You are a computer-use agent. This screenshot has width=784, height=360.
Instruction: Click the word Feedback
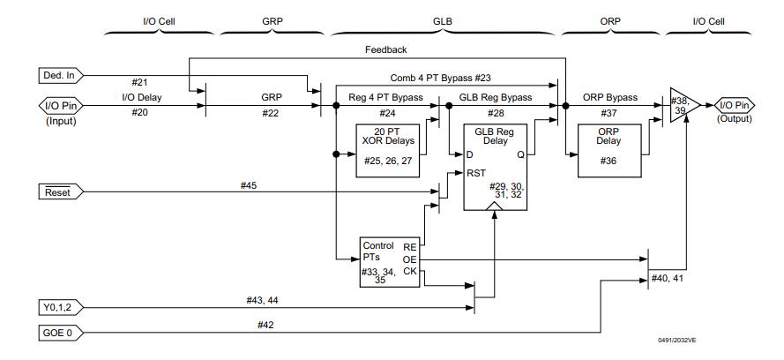[x=386, y=50]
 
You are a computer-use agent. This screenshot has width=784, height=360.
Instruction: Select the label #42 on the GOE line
[x=265, y=325]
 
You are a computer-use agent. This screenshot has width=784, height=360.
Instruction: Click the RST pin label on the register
[x=477, y=174]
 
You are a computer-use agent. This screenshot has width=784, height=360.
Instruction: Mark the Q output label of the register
[x=519, y=154]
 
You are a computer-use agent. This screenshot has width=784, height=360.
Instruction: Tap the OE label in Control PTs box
[x=409, y=259]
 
